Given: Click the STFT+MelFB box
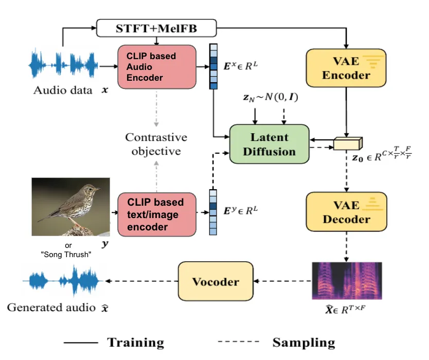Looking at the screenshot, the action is pyautogui.click(x=156, y=28).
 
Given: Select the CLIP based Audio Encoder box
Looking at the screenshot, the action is pyautogui.click(x=157, y=67).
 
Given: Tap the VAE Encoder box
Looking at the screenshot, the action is pyautogui.click(x=346, y=68).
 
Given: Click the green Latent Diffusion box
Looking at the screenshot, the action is pyautogui.click(x=269, y=144).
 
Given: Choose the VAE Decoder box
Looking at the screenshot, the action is pyautogui.click(x=346, y=212).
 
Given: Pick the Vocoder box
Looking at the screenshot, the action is pyautogui.click(x=216, y=281).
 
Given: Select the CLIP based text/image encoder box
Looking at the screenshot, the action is pyautogui.click(x=157, y=214).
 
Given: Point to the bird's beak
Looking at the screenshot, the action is pyautogui.click(x=97, y=189).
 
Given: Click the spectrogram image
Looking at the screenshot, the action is pyautogui.click(x=347, y=281).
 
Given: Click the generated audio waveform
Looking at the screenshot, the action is pyautogui.click(x=63, y=281).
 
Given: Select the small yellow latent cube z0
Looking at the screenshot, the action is pyautogui.click(x=348, y=143).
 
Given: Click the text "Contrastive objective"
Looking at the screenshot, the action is pyautogui.click(x=156, y=144).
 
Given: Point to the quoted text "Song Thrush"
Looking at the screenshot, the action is pyautogui.click(x=66, y=255).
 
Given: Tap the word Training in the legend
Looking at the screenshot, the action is pyautogui.click(x=136, y=343).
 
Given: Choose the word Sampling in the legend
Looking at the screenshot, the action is pyautogui.click(x=303, y=343).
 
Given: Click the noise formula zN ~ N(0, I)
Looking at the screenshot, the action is pyautogui.click(x=271, y=97).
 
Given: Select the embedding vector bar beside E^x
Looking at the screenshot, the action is pyautogui.click(x=213, y=66).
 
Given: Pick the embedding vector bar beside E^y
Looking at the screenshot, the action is pyautogui.click(x=213, y=212).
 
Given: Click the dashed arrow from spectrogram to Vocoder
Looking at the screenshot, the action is pyautogui.click(x=282, y=281).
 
